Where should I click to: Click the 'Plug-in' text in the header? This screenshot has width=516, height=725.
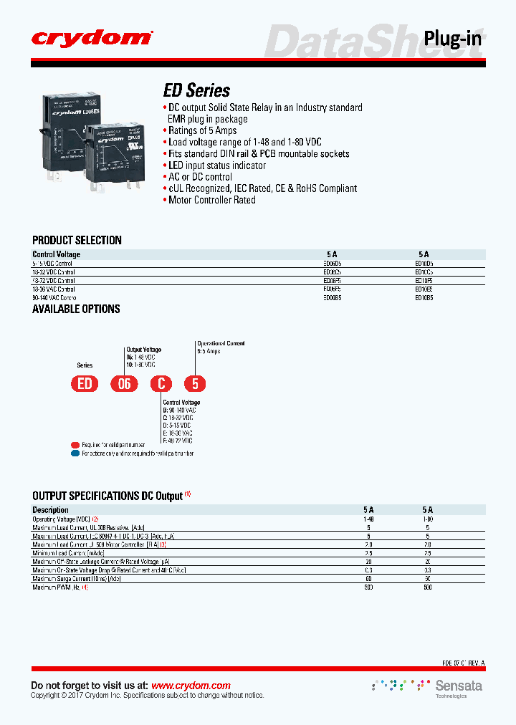[x=452, y=38]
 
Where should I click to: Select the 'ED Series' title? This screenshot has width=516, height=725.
[x=197, y=90]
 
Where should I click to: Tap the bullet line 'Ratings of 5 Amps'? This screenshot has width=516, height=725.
[x=202, y=130]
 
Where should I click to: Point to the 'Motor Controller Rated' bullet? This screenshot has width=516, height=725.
[x=211, y=200]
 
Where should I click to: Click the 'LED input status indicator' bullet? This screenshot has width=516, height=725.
[x=216, y=165]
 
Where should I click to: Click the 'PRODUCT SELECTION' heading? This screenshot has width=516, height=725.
[x=77, y=240]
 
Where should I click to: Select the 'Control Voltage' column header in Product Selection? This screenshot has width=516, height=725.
[x=57, y=254]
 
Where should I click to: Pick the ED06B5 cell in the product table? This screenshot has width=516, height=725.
[x=332, y=297]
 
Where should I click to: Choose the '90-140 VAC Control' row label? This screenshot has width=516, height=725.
[x=54, y=297]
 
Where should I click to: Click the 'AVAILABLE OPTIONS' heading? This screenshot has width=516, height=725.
[x=76, y=309]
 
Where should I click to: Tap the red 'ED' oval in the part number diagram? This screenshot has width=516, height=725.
[x=85, y=384]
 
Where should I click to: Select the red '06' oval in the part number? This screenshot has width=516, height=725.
[x=124, y=384]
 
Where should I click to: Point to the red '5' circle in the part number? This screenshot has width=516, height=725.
[x=194, y=384]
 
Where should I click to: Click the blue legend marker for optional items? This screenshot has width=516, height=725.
[x=75, y=453]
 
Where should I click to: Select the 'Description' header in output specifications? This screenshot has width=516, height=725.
[x=51, y=510]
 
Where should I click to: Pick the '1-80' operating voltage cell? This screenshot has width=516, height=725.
[x=428, y=519]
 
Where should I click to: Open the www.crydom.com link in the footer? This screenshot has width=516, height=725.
[x=191, y=686]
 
